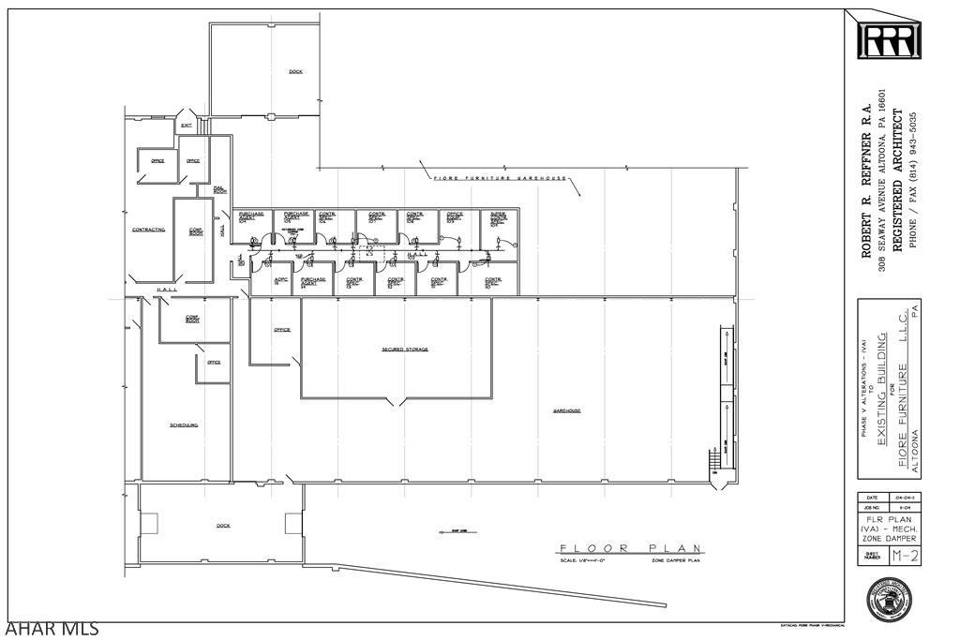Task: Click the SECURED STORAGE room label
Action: [x=405, y=350]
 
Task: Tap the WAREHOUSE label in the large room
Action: [x=566, y=410]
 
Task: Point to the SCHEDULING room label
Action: [x=184, y=424]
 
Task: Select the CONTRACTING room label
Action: [x=148, y=229]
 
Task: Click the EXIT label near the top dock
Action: [x=187, y=125]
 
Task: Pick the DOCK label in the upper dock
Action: [x=295, y=71]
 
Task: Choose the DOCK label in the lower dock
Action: [x=223, y=526]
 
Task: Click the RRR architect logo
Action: [x=890, y=40]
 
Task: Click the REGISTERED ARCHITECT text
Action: [x=896, y=179]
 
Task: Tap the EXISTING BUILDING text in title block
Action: [x=881, y=392]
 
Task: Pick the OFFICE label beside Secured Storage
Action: [x=282, y=330]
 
